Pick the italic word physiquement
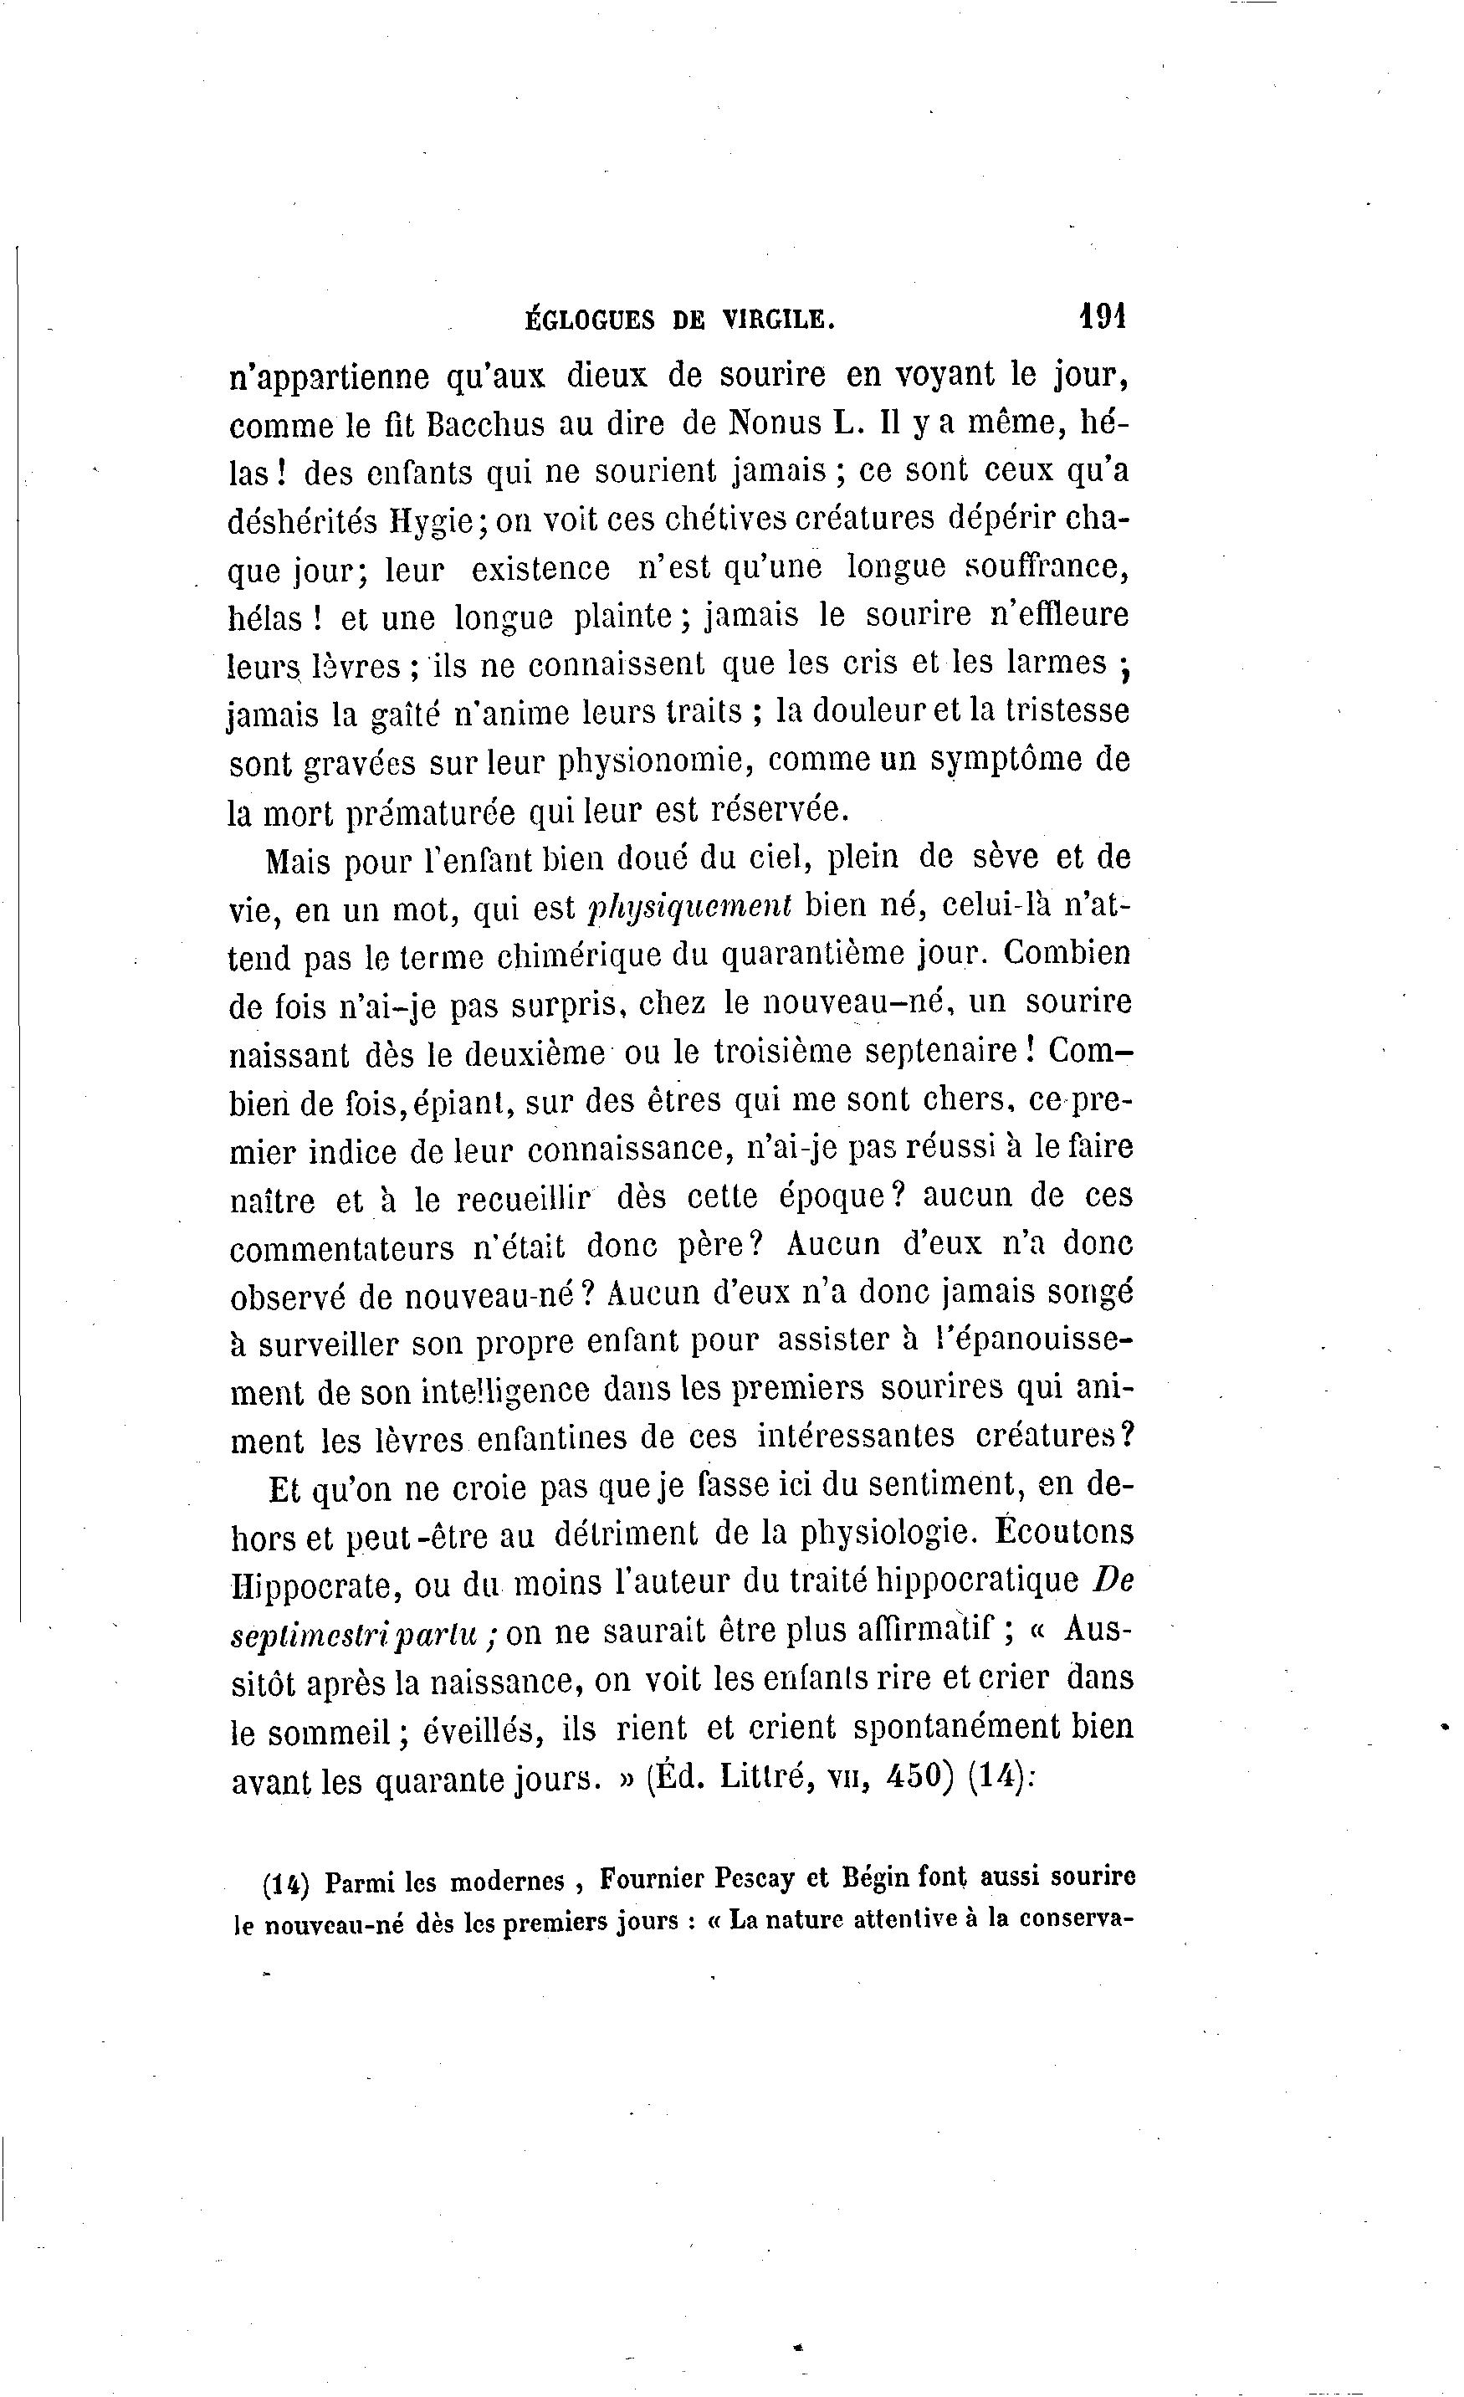pyautogui.click(x=691, y=907)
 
